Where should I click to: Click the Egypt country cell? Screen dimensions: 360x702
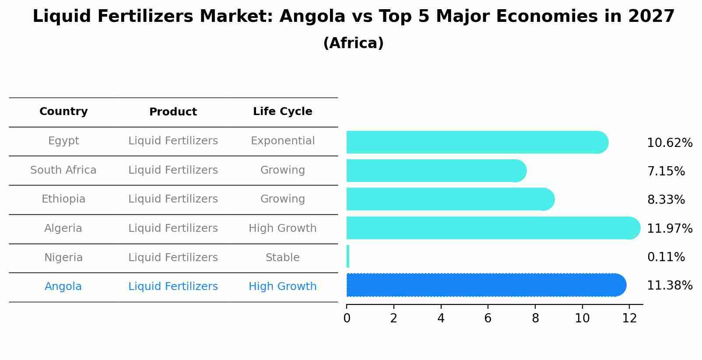tap(63, 141)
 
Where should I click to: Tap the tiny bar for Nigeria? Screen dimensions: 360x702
tap(348, 256)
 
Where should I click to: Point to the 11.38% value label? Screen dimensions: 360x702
tap(669, 286)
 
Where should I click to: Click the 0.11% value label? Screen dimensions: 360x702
tap(666, 257)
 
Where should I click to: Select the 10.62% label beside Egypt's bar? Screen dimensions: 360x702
tap(669, 143)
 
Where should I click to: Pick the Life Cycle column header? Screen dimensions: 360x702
tap(282, 112)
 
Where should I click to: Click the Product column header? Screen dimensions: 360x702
tap(173, 112)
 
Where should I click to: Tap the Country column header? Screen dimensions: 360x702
tap(63, 112)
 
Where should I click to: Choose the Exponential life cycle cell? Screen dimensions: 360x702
tap(282, 141)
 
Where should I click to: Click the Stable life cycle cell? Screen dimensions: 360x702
tap(282, 258)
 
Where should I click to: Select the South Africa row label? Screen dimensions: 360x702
tap(63, 170)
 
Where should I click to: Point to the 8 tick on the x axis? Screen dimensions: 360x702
tap(535, 318)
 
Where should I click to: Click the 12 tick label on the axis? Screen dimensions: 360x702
tap(629, 318)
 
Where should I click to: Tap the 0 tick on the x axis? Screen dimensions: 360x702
tap(347, 318)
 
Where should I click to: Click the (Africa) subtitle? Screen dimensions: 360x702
tap(353, 43)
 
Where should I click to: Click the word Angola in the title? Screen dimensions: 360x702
tap(312, 17)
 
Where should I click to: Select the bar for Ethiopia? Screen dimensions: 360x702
tap(450, 199)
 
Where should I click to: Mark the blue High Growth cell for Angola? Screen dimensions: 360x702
tap(282, 287)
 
